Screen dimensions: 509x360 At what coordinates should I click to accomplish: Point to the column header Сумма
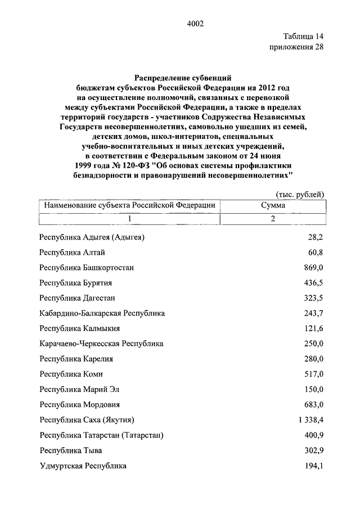click(272, 206)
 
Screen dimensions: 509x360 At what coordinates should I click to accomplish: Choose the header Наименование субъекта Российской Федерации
click(129, 206)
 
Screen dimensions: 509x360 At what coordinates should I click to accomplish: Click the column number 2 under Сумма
click(272, 219)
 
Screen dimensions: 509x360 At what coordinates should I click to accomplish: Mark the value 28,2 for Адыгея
click(315, 237)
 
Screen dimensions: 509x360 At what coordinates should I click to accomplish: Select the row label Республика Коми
click(71, 374)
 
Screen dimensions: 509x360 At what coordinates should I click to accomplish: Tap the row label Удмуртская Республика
click(83, 466)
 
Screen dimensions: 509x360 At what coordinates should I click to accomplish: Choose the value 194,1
click(313, 466)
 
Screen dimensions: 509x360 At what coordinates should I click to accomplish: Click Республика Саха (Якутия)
click(89, 420)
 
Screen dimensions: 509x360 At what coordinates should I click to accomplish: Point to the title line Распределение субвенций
click(183, 75)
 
